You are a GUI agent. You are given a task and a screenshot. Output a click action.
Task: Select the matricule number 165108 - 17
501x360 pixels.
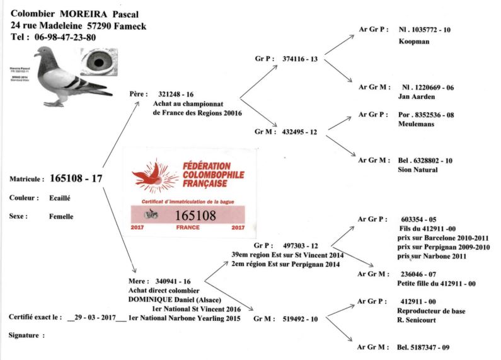pos(76,178)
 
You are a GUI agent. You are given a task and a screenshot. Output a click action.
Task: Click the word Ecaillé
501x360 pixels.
pos(60,197)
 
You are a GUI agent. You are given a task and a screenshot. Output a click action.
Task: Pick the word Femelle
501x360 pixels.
pos(61,216)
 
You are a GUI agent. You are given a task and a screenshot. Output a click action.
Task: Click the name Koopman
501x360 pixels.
pos(415,42)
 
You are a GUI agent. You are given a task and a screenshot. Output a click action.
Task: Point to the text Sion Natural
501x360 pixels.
pos(418,170)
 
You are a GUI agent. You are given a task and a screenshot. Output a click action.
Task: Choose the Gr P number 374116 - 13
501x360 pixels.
pos(300,58)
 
